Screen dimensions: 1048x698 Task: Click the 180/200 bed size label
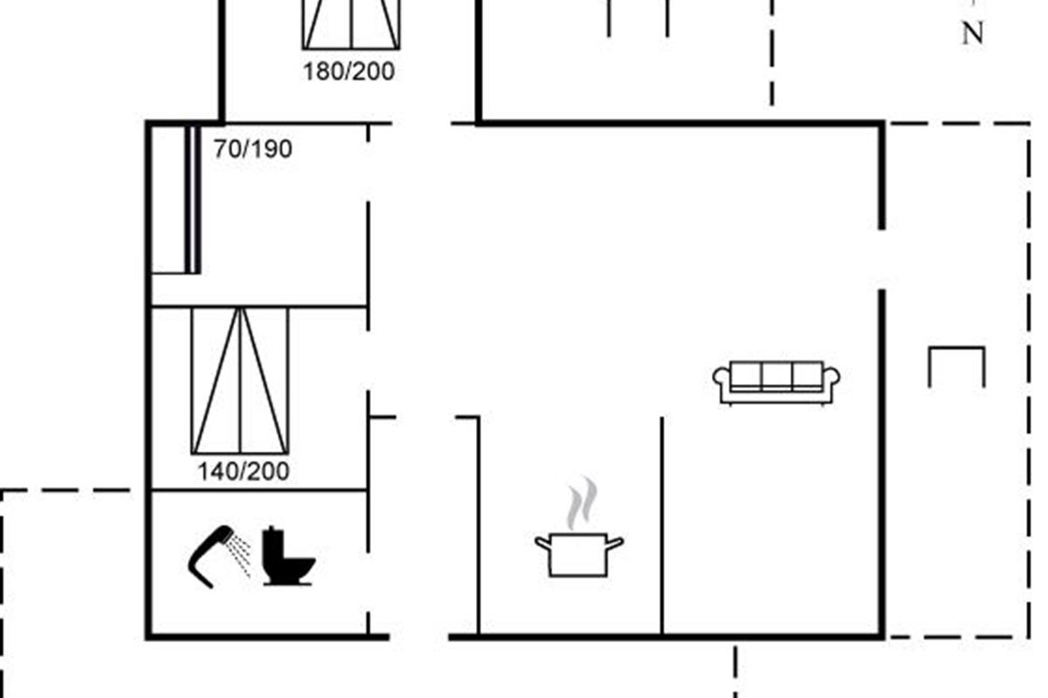(x=349, y=72)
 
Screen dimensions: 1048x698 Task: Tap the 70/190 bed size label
(x=253, y=149)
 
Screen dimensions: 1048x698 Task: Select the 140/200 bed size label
(x=244, y=471)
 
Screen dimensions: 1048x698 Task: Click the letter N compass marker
(x=972, y=33)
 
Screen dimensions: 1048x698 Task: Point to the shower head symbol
(x=210, y=557)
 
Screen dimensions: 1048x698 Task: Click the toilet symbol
(x=287, y=556)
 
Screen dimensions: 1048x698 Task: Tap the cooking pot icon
(x=579, y=554)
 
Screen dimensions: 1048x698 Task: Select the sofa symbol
(x=776, y=382)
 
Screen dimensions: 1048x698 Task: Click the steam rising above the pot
(x=582, y=503)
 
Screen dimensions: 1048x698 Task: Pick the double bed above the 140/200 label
(x=240, y=380)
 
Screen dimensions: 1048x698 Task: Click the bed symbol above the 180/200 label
(x=351, y=24)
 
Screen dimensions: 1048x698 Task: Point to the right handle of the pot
(x=615, y=543)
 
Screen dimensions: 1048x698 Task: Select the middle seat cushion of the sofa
(x=776, y=376)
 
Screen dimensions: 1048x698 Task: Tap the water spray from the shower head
(x=238, y=556)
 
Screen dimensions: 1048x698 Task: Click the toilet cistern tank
(x=272, y=544)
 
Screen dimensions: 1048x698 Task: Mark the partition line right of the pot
(x=662, y=526)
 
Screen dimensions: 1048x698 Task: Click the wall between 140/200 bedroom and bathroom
(x=259, y=490)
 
